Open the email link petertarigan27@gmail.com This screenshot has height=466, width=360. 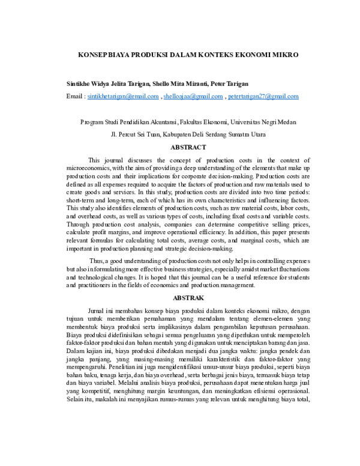coord(263,96)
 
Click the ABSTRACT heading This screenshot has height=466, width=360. coord(188,147)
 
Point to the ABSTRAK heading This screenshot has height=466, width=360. coord(188,298)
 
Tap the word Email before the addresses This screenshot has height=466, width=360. coord(74,96)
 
